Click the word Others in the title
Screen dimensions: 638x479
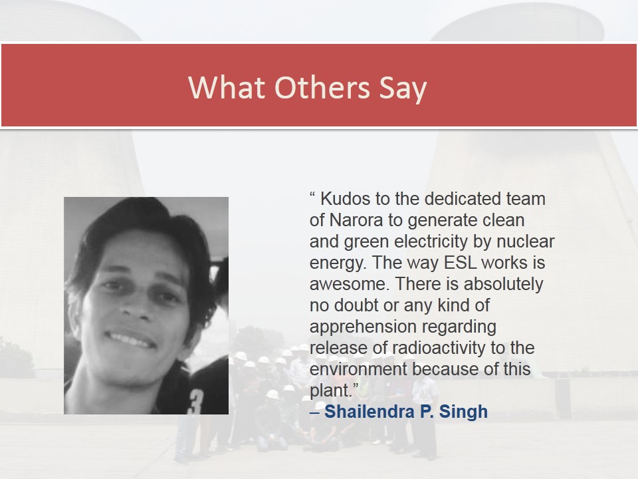(322, 87)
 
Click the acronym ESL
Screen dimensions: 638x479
(460, 262)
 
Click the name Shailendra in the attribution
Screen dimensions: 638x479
(369, 411)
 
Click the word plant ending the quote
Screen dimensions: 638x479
(330, 391)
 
